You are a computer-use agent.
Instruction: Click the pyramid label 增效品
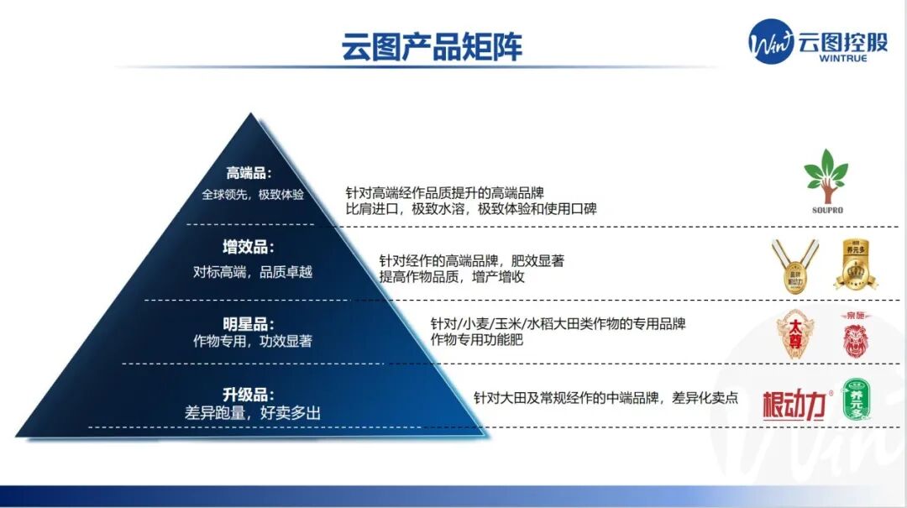(249, 248)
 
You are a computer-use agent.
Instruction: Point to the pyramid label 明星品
(249, 323)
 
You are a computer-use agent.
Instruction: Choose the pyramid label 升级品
(249, 394)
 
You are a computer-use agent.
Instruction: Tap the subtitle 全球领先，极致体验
(252, 194)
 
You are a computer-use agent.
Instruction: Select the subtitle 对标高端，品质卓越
(252, 271)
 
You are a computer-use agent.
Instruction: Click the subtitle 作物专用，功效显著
(252, 342)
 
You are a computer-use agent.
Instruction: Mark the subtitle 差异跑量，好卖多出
(252, 412)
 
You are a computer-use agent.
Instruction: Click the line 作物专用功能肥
(476, 339)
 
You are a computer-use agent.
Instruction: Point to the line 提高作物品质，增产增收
(451, 276)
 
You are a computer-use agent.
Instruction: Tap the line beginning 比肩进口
(470, 208)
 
